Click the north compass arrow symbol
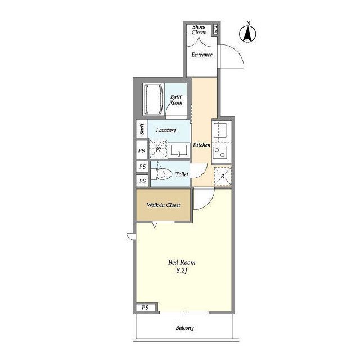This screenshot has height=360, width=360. tap(247, 34)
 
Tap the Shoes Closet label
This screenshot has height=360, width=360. tap(199, 30)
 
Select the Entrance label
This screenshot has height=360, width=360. tap(202, 55)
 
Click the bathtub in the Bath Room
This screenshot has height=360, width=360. tap(153, 100)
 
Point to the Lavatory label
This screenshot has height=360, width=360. tap(166, 130)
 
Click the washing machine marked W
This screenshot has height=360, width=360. tap(158, 149)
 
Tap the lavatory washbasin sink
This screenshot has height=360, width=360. tap(179, 150)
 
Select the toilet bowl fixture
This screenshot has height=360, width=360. tap(161, 174)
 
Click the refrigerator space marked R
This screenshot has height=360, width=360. tap(223, 176)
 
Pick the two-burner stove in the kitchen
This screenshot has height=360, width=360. tap(220, 152)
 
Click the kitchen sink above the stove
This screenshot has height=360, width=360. tap(220, 130)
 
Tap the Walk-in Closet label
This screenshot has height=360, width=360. tap(164, 205)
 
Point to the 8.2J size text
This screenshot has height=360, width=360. tap(182, 271)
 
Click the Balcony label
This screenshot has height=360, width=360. tap(185, 328)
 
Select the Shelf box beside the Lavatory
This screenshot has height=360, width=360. tap(142, 129)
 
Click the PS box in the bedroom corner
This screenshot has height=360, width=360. tap(145, 308)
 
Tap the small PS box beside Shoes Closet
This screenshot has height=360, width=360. tap(215, 29)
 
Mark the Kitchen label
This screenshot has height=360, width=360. tap(201, 145)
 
